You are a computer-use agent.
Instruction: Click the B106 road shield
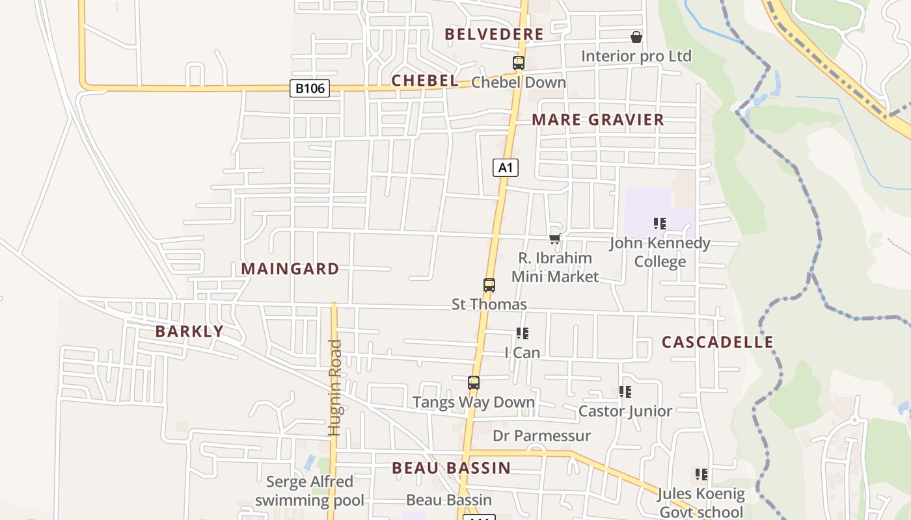[310, 88]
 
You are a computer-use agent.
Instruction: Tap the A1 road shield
[505, 168]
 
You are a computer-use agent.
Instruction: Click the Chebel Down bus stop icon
[519, 63]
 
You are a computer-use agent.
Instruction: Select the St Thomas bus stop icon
[489, 285]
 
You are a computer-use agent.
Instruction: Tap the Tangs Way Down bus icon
[474, 383]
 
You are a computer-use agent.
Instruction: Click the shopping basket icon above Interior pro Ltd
[636, 37]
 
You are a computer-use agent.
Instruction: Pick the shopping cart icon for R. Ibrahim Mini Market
[554, 239]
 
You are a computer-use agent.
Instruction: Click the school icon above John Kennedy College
[660, 224]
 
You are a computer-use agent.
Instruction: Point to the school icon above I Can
[523, 333]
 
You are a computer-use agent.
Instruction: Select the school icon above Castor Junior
[625, 391]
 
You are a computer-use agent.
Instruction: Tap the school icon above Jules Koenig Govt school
[701, 474]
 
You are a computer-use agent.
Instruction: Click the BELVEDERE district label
[494, 34]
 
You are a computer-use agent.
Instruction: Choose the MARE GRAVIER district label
[598, 120]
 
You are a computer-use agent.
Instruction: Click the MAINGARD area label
[290, 269]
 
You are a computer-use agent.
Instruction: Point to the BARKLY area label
[189, 331]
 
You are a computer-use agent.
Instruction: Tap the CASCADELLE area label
[718, 343]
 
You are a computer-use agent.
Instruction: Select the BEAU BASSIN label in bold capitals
[451, 468]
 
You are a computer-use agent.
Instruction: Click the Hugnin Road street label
[335, 387]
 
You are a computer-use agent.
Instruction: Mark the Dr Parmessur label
[541, 435]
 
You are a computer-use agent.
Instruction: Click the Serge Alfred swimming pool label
[310, 491]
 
